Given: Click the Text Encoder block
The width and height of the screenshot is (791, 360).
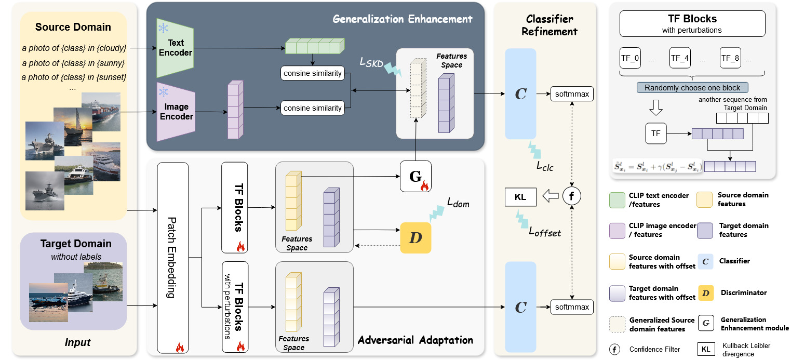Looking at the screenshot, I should [175, 48].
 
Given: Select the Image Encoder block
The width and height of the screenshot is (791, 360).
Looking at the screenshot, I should [176, 112].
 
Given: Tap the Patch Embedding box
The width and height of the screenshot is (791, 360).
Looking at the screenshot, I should [172, 258].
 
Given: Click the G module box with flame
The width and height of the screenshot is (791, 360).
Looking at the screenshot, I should [415, 176].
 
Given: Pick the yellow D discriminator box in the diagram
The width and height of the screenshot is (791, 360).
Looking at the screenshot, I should [415, 238].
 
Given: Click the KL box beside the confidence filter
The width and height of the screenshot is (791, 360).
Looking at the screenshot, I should [520, 197].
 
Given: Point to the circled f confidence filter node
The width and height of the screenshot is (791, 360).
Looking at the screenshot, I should [571, 197].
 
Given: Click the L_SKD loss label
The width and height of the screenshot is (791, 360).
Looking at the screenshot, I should [372, 62].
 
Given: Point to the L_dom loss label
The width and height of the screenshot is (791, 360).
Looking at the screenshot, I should [458, 204].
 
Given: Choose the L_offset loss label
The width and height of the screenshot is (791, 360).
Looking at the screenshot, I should [544, 232].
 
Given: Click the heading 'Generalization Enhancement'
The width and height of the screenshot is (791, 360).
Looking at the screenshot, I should [403, 19].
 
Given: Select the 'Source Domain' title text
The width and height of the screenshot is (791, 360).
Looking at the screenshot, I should [73, 27].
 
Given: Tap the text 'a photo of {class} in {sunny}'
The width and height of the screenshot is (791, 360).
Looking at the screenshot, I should [74, 63].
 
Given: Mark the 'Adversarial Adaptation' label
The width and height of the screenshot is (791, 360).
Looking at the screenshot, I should [415, 340].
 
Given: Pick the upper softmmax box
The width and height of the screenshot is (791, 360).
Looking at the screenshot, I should [571, 94].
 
